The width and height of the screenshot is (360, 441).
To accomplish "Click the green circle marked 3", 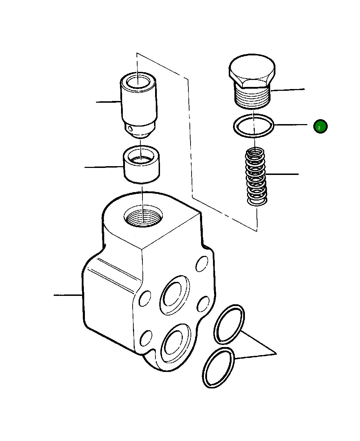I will pyautogui.click(x=320, y=127).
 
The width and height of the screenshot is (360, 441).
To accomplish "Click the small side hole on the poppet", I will pyautogui.click(x=131, y=129).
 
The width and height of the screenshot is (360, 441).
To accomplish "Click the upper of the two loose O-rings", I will pyautogui.click(x=229, y=324).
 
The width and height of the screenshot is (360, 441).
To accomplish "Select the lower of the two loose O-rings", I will pyautogui.click(x=218, y=368).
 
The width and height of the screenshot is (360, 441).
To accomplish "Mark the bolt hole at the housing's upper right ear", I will pyautogui.click(x=202, y=264).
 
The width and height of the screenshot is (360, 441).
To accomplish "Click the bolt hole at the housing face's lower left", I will pyautogui.click(x=146, y=338).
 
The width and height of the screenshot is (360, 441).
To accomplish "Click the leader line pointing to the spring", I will pyautogui.click(x=282, y=174).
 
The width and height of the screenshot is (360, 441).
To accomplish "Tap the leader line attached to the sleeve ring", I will pyautogui.click(x=104, y=167).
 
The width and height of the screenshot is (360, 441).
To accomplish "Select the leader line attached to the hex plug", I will pyautogui.click(x=288, y=90).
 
